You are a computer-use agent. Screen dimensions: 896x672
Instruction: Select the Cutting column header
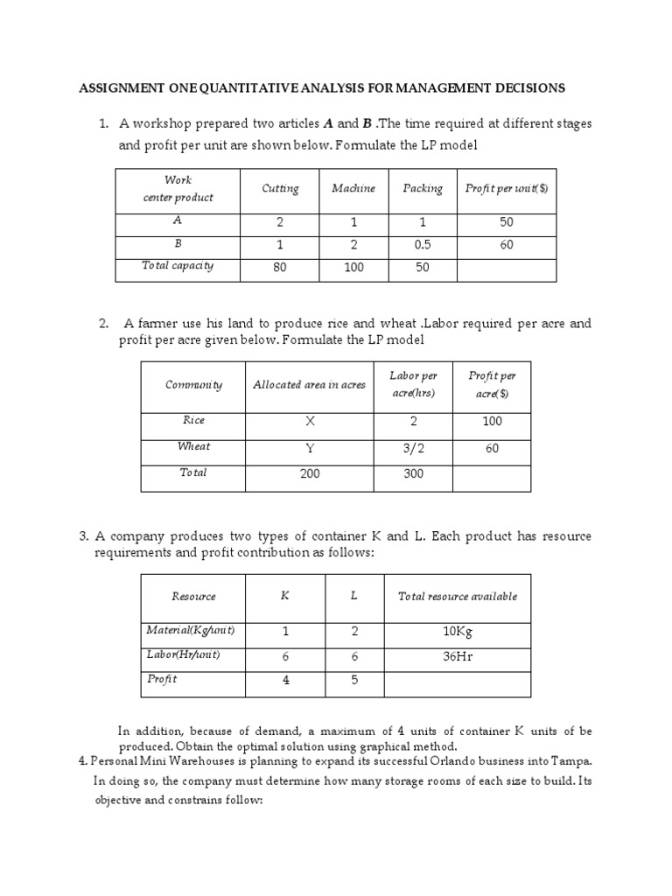coord(280,188)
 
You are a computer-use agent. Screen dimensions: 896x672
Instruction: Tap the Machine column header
coord(353,188)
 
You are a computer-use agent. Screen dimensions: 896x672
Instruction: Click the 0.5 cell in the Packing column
coord(423,245)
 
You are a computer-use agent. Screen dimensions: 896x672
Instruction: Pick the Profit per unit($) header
coord(507,188)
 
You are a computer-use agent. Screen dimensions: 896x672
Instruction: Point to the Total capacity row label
coord(178,266)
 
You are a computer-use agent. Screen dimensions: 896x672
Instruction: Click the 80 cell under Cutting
coord(280,267)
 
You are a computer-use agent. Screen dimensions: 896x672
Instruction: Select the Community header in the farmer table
coord(193,384)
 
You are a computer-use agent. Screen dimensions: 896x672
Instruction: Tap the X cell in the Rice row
coord(309,421)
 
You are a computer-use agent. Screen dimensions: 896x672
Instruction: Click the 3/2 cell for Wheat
coord(414,448)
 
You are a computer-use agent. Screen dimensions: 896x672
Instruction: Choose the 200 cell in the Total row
coord(309,473)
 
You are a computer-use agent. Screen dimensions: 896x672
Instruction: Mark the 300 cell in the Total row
coord(414,473)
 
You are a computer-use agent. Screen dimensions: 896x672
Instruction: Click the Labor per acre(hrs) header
coord(414,383)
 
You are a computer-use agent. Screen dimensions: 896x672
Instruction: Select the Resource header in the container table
coord(193,597)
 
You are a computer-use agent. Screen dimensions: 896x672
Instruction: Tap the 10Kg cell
coord(458,632)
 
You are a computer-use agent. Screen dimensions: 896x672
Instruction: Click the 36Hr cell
coord(458,656)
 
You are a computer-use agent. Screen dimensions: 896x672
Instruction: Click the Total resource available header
coord(458,597)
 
